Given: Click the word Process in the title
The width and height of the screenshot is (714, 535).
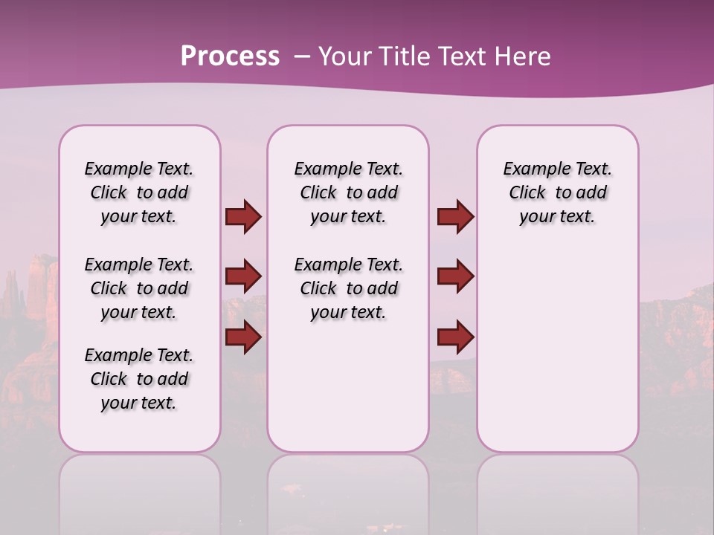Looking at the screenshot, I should [x=230, y=56].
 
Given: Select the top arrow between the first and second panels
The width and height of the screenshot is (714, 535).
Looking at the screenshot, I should [x=243, y=216].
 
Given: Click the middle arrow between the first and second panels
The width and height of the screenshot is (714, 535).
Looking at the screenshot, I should [x=243, y=277].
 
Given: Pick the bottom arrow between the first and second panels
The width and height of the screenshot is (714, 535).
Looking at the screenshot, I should [x=243, y=337].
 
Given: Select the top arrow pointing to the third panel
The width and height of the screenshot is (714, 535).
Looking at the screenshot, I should [x=455, y=216].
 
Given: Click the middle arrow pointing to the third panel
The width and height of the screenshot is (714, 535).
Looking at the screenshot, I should [x=455, y=277].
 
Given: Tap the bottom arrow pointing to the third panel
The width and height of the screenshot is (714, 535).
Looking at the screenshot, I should [x=455, y=337].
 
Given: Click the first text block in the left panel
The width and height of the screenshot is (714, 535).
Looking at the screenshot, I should [x=139, y=192].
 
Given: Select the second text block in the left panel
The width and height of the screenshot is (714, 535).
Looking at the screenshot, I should [x=139, y=288].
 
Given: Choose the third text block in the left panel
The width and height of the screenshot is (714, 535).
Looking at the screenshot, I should [x=139, y=379].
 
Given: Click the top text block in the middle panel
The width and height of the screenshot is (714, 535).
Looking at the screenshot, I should [x=348, y=192].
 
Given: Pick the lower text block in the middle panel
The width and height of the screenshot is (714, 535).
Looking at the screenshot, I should [x=348, y=288].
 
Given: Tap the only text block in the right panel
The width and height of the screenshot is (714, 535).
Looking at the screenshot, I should [x=557, y=192].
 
